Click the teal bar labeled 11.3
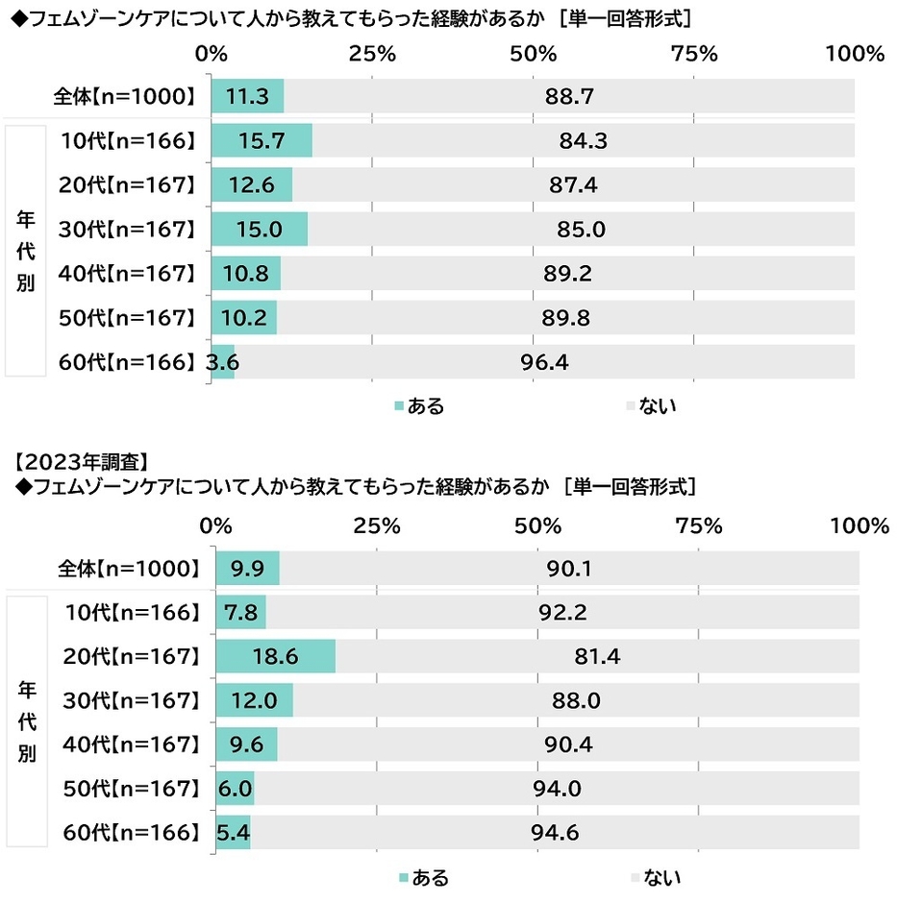(x=247, y=96)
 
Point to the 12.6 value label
(x=248, y=185)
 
